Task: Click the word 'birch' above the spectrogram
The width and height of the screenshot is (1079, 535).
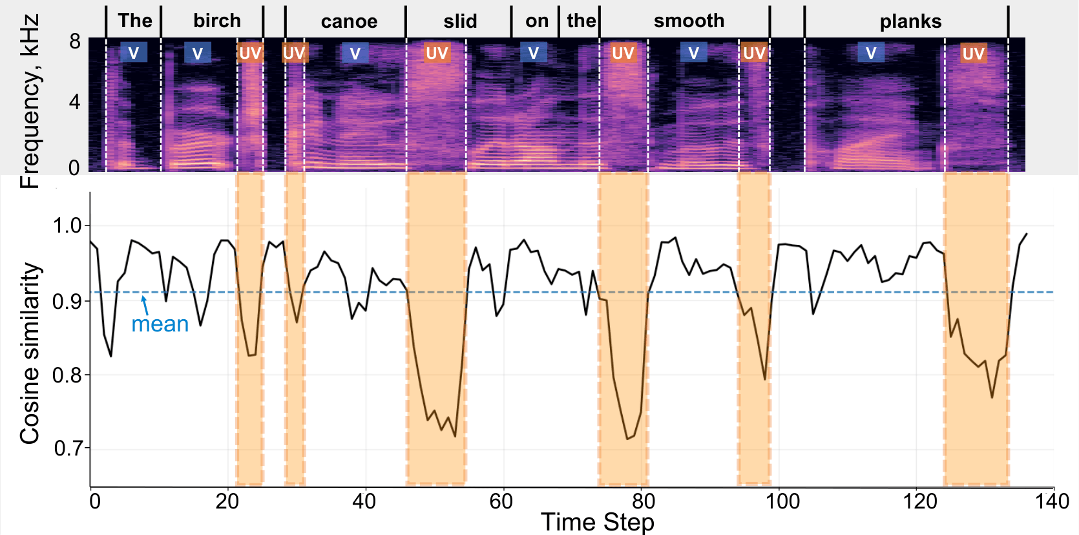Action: pyautogui.click(x=217, y=21)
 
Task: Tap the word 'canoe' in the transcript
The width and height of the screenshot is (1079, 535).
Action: pyautogui.click(x=349, y=21)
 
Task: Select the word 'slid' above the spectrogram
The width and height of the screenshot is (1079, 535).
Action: pyautogui.click(x=460, y=21)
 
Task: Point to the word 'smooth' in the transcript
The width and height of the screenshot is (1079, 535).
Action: pyautogui.click(x=689, y=21)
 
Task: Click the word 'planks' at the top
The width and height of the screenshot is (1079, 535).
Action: pyautogui.click(x=910, y=21)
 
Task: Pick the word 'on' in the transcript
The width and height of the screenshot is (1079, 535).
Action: pyautogui.click(x=537, y=21)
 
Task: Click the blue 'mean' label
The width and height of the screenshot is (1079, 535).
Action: pyautogui.click(x=160, y=324)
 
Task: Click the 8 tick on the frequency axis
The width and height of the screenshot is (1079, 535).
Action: pyautogui.click(x=75, y=42)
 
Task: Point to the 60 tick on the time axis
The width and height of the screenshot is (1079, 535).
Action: pyautogui.click(x=501, y=501)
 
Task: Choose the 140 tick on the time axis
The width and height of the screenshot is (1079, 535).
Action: pyautogui.click(x=1052, y=501)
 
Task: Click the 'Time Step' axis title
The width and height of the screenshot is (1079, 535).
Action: pyautogui.click(x=598, y=522)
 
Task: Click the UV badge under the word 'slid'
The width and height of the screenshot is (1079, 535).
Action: pyautogui.click(x=437, y=53)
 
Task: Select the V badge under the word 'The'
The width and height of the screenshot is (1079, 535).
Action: pyautogui.click(x=134, y=53)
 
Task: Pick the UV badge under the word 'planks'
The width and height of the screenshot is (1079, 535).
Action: pyautogui.click(x=973, y=53)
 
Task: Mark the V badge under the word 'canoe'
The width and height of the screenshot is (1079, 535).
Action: pyautogui.click(x=355, y=53)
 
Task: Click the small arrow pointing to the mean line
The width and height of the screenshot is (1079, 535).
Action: pyautogui.click(x=145, y=305)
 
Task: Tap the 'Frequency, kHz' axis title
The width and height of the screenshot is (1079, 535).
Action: pyautogui.click(x=30, y=101)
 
